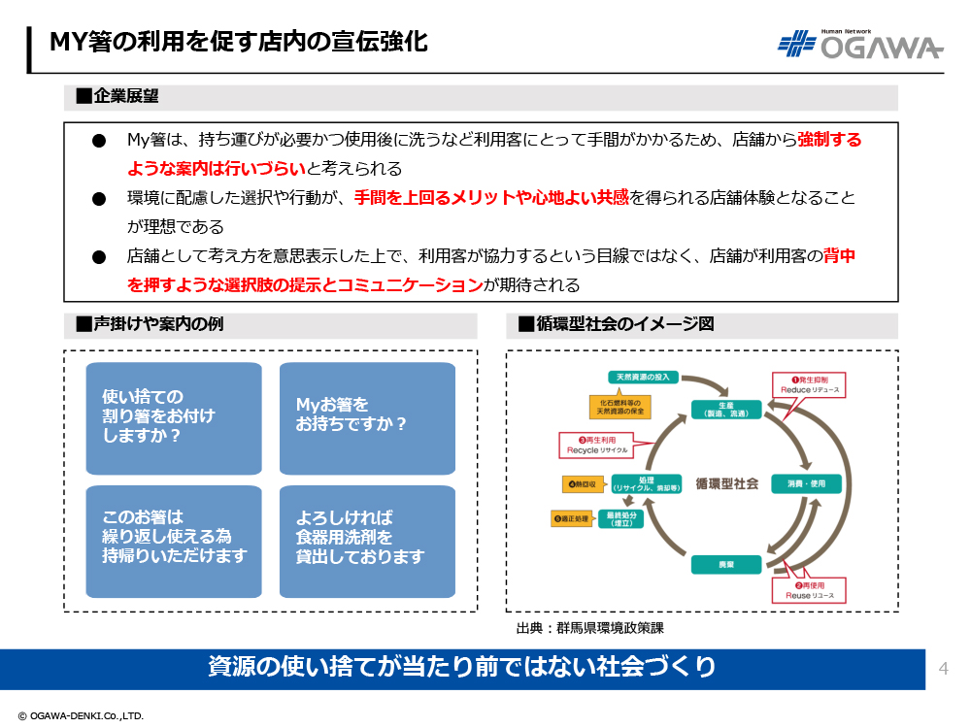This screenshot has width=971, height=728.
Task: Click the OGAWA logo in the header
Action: click(x=859, y=45)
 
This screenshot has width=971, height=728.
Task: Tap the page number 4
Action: click(x=943, y=668)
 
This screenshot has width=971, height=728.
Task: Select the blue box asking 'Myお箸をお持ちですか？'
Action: click(x=367, y=417)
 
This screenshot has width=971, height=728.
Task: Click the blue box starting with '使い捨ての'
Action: click(x=174, y=417)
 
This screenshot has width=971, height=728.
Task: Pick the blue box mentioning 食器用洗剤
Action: click(x=367, y=541)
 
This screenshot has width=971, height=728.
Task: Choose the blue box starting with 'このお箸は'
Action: click(x=174, y=541)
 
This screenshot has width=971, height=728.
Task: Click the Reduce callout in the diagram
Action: click(x=809, y=384)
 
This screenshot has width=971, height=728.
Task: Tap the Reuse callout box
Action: click(x=807, y=590)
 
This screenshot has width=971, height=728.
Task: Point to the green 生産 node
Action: click(x=725, y=410)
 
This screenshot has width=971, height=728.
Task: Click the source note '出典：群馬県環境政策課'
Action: click(x=589, y=628)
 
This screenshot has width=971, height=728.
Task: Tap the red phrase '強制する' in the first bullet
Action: click(x=829, y=140)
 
